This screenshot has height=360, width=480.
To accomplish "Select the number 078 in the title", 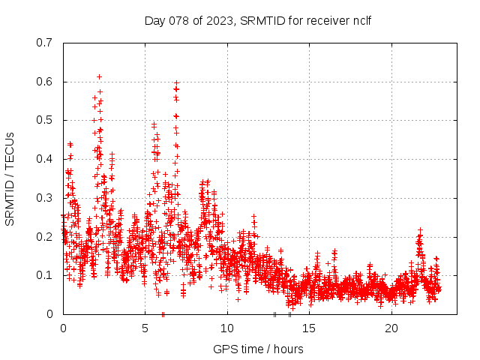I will pos(175,20).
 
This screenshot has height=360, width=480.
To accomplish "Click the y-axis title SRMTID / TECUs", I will pos(10,178).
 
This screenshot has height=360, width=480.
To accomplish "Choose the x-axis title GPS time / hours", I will pos(258,349).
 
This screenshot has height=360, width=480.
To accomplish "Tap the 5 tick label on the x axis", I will pos(145,328).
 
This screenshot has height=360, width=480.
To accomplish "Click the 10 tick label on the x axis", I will pos(227,328).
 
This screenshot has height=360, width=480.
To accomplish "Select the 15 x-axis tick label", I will pos(310,328).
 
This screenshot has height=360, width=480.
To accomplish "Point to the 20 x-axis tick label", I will pos(391,328).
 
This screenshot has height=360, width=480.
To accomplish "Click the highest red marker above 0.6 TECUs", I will pos(99,76).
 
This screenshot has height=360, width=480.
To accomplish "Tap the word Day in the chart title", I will pos(154,20).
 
